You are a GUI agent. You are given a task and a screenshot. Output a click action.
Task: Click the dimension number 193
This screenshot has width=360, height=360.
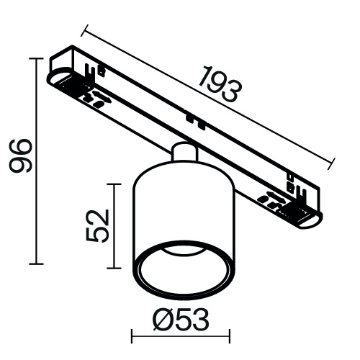pyautogui.click(x=219, y=84)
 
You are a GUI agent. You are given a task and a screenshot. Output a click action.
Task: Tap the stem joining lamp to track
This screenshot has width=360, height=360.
pyautogui.click(x=184, y=153)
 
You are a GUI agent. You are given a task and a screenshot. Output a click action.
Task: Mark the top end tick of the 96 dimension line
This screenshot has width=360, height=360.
pyautogui.click(x=35, y=57)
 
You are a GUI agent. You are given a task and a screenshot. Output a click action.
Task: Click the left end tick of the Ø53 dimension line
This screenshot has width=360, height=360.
pyautogui.click(x=132, y=336)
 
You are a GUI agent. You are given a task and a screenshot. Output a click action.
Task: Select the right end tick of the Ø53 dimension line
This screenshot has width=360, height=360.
pyautogui.click(x=230, y=336)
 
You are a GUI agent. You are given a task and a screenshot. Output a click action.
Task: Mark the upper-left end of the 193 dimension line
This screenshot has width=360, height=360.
pyautogui.click(x=84, y=29)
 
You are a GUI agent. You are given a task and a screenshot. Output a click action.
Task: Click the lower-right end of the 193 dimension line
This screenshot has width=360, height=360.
pyautogui.click(x=336, y=163)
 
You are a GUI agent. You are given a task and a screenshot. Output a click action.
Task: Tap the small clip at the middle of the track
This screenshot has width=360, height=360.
pyautogui.click(x=190, y=116)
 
